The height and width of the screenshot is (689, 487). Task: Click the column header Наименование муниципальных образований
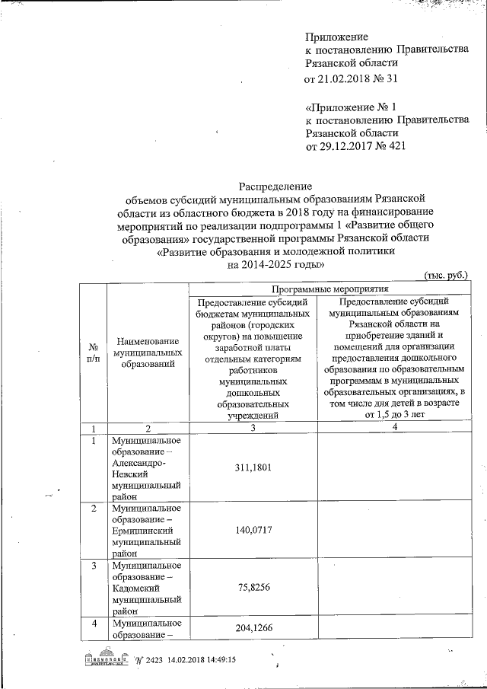(x=147, y=353)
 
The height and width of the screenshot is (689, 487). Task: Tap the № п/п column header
(x=93, y=352)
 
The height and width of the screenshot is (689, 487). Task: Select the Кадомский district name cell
(x=146, y=587)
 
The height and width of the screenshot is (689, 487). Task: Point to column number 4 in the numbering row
(x=395, y=428)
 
